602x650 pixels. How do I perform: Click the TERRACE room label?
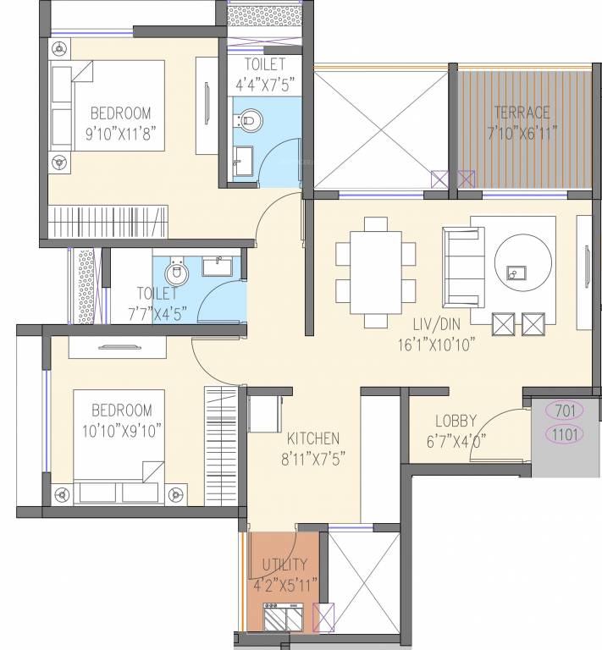(x=522, y=112)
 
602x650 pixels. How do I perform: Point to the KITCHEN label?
(x=312, y=438)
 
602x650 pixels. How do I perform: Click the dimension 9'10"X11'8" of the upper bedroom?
(x=122, y=133)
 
